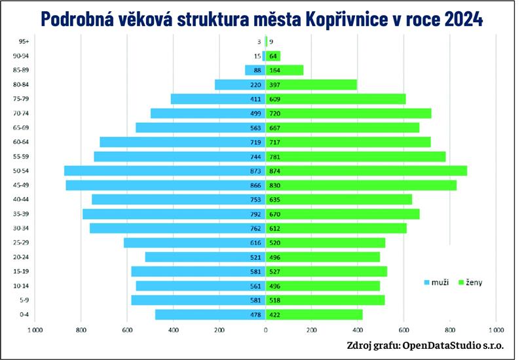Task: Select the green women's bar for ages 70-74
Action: click(367, 113)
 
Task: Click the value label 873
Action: click(255, 171)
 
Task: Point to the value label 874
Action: click(276, 171)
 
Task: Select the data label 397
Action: click(276, 84)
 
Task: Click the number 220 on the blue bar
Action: click(255, 84)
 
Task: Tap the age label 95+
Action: click(24, 41)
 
